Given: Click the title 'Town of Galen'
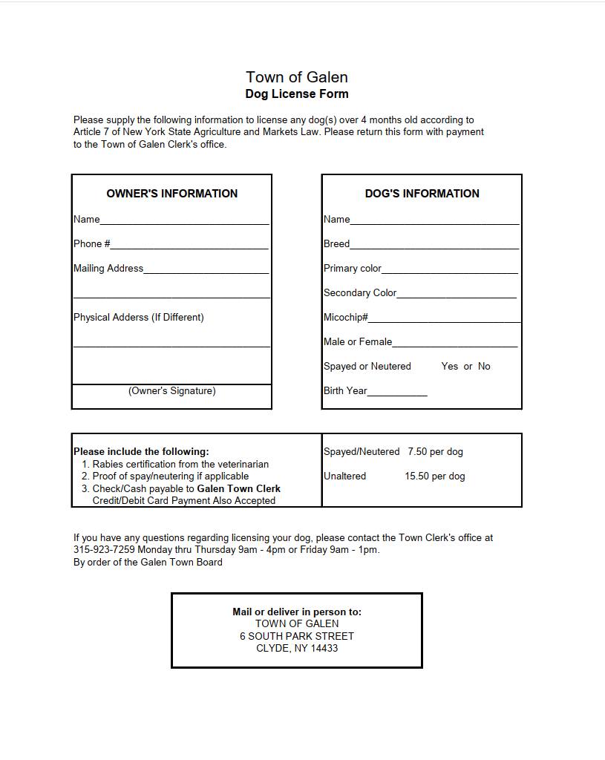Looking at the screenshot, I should click(297, 77).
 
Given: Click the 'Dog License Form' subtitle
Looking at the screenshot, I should click(297, 94).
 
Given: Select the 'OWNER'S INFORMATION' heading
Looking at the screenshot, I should click(172, 194).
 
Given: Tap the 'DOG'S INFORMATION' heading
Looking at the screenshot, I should click(422, 194).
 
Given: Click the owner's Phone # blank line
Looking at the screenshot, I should click(189, 246).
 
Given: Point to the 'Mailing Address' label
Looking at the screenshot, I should click(108, 269).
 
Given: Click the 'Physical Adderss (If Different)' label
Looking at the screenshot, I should click(139, 318).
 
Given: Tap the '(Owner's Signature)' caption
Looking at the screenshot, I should click(172, 391).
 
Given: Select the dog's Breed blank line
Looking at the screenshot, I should click(434, 246).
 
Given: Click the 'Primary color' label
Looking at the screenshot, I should click(353, 269).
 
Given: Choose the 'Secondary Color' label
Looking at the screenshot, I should click(360, 293).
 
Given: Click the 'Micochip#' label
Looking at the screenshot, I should click(346, 318).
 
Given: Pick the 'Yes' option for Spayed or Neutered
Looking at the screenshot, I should click(450, 367).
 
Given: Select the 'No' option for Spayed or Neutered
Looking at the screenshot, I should click(484, 367).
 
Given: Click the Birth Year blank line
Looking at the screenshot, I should click(397, 393).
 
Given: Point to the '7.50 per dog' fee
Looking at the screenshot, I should click(435, 452).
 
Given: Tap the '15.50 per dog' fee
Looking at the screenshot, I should click(435, 476).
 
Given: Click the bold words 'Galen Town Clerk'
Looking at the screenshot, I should click(238, 489).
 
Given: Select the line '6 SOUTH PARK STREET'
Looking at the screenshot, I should click(297, 637).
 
